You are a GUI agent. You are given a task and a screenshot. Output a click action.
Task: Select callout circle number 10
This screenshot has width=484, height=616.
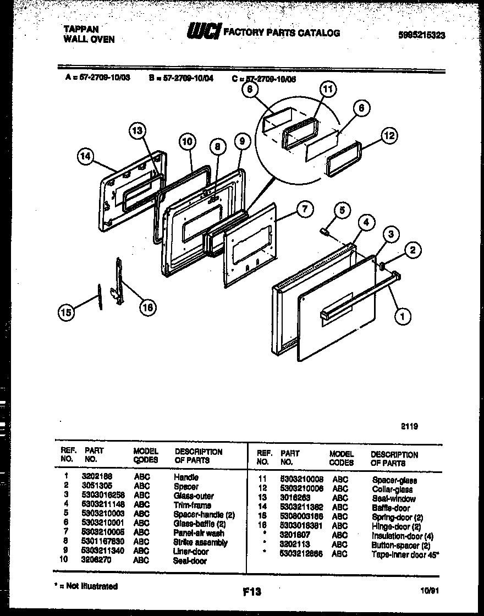(x=188, y=142)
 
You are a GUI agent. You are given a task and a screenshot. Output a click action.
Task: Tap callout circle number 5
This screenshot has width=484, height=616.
(x=342, y=210)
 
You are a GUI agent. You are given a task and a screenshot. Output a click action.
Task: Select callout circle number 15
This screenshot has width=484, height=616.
(x=67, y=313)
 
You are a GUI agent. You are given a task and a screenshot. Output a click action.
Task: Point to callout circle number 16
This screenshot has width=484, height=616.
(x=147, y=307)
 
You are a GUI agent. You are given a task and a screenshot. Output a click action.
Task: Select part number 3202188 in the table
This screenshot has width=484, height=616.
(x=97, y=477)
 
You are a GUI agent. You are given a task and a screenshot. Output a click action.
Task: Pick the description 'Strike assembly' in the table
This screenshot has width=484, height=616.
(x=200, y=542)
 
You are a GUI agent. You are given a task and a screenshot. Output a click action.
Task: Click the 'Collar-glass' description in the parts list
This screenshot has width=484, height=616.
(x=392, y=489)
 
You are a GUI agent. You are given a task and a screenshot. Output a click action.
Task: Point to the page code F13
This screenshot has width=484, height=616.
(x=251, y=592)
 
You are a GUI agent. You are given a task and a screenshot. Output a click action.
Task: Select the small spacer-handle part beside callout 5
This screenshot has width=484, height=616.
(x=324, y=232)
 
